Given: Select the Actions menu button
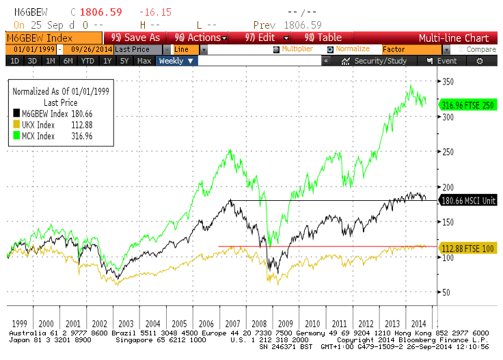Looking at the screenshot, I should click(198, 38).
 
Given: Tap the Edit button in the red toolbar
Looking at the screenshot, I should click(260, 38).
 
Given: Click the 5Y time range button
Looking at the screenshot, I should click(124, 61).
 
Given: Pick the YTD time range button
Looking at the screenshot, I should click(87, 61).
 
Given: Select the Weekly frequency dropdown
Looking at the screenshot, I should click(176, 61).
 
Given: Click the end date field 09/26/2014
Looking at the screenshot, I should click(87, 49).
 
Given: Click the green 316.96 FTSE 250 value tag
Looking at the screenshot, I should click(468, 105).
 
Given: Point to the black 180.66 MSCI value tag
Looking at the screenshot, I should click(468, 200).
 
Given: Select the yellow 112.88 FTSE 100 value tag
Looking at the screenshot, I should click(468, 248).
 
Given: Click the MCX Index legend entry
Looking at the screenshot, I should click(39, 136).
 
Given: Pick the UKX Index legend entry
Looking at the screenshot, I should click(39, 124).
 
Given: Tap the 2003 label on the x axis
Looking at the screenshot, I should click(126, 324).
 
